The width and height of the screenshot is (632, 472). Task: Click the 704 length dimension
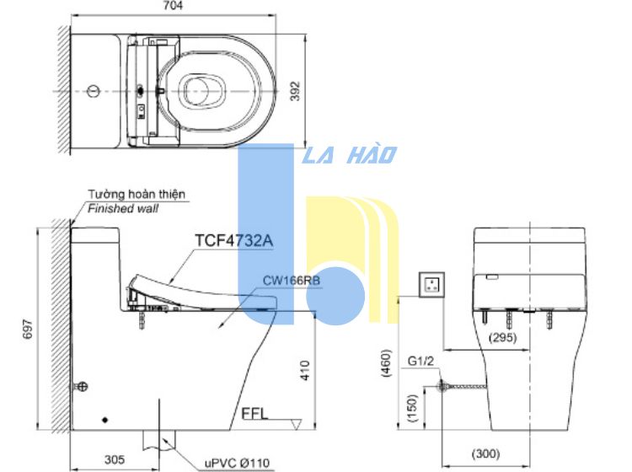(x=174, y=6)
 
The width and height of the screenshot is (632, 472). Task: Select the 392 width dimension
(x=296, y=91)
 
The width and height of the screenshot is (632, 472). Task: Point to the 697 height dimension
(x=27, y=329)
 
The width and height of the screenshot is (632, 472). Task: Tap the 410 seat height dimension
(x=305, y=370)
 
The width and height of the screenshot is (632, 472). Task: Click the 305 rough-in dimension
(x=115, y=459)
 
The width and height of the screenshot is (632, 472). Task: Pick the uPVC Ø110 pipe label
(x=237, y=463)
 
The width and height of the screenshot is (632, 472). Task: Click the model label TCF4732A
(x=233, y=240)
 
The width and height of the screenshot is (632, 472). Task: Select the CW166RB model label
(x=292, y=280)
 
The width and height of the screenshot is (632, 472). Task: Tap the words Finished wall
(x=123, y=208)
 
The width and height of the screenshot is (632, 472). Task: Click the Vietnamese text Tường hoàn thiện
(x=137, y=194)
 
